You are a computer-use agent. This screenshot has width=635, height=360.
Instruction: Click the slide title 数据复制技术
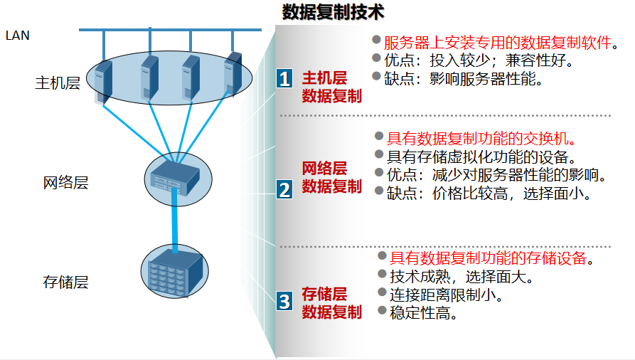(x=333, y=12)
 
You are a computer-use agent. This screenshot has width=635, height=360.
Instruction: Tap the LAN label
(x=17, y=35)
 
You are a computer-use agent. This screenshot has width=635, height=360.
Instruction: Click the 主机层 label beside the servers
(x=58, y=83)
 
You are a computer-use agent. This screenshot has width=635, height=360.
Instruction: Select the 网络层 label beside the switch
(x=65, y=183)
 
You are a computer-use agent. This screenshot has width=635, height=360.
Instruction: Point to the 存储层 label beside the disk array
(x=65, y=282)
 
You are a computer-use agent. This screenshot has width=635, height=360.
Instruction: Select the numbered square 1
(x=284, y=78)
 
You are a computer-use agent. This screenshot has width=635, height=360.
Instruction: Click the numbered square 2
(x=284, y=189)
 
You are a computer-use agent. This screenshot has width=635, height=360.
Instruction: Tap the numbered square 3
(x=284, y=301)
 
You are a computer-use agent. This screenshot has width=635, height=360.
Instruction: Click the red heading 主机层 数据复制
(x=331, y=87)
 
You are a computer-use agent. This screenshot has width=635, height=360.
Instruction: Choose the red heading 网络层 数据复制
(x=331, y=177)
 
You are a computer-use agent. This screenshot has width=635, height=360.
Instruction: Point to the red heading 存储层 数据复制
(x=331, y=302)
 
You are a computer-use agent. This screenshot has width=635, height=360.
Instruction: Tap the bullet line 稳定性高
(x=423, y=312)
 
